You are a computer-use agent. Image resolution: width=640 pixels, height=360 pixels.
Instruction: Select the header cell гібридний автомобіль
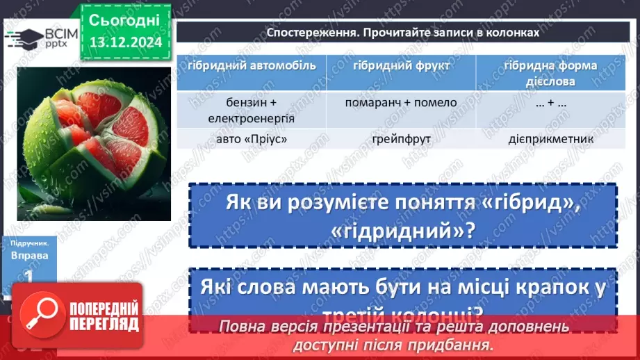coord(251,66)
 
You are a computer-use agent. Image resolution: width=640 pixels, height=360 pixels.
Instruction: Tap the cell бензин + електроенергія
coord(251,110)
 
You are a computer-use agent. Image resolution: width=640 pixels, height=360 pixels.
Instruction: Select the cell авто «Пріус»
coord(251,139)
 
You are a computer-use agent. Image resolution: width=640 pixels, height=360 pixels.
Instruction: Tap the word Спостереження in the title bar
coord(309,33)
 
